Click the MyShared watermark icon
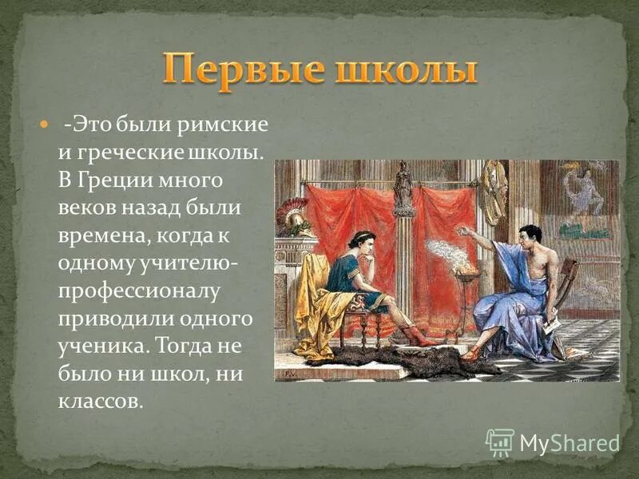499,441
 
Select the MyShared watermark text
569,442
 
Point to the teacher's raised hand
462,230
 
